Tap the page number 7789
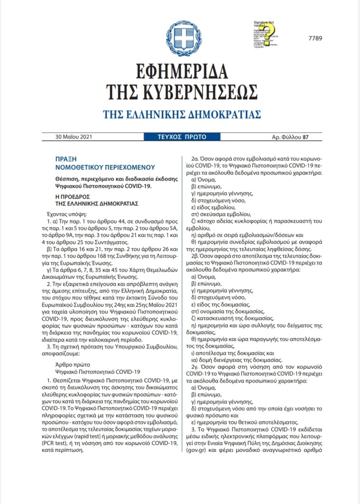point(316,38)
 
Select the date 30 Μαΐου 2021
point(73,137)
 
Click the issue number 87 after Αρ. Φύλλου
point(305,137)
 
